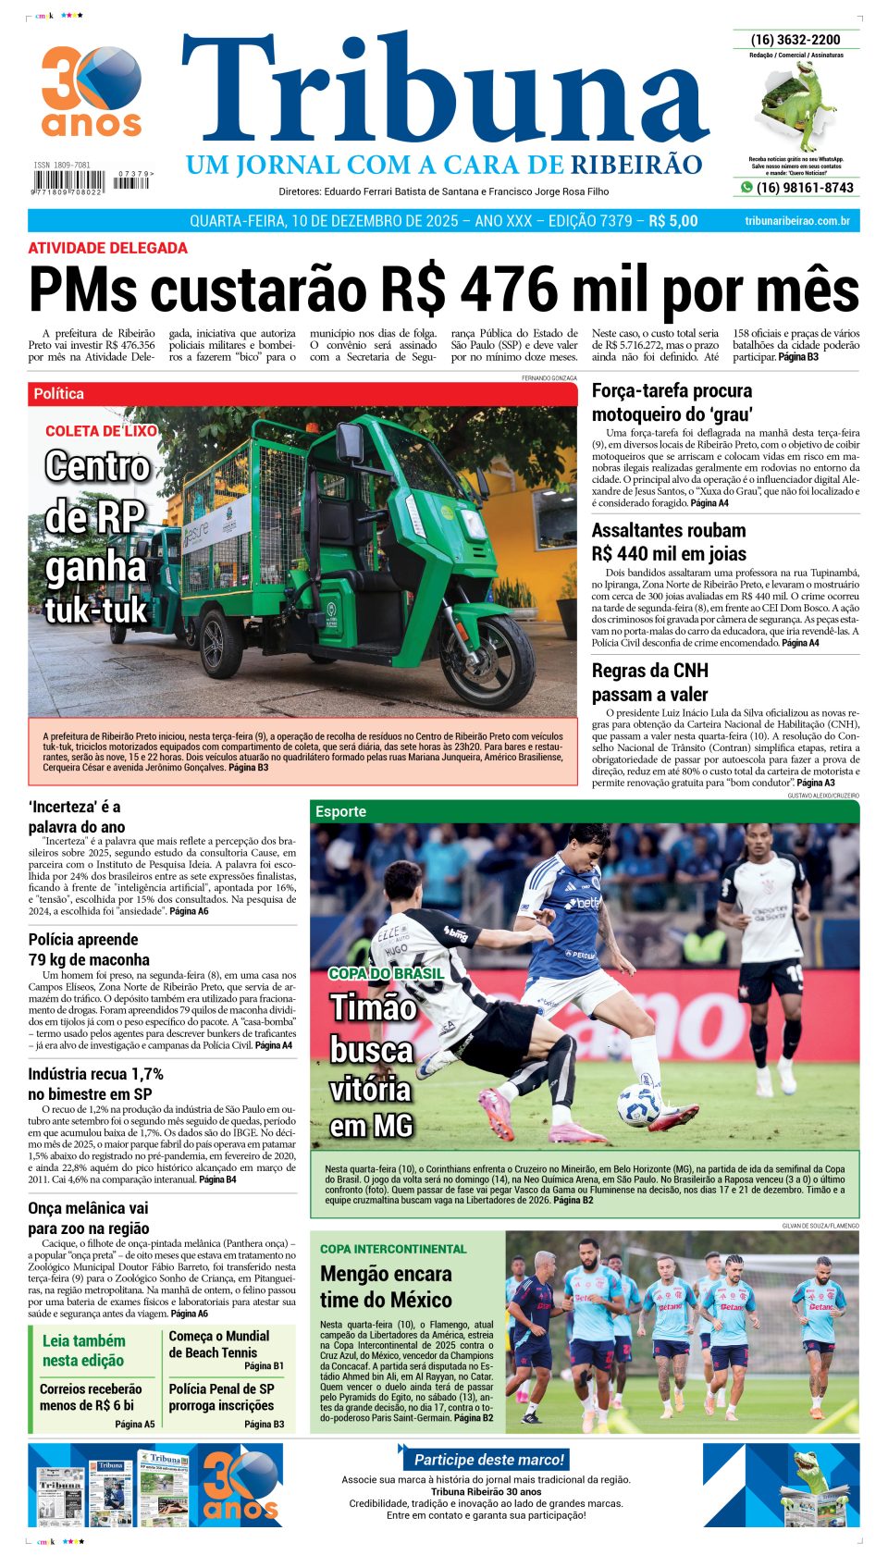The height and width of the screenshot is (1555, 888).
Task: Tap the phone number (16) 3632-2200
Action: tap(795, 40)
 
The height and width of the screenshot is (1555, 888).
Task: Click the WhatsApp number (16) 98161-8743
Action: tap(804, 188)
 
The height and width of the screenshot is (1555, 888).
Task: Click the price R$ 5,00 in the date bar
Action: tap(672, 221)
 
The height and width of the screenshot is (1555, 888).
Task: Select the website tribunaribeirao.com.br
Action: tap(796, 221)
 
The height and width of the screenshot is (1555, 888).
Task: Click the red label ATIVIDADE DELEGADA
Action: tap(107, 248)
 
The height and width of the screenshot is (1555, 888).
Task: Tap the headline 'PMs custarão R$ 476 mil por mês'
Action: tap(444, 290)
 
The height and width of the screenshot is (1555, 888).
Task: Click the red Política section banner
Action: tap(302, 394)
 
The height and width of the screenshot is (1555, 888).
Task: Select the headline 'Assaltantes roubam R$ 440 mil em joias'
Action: tap(669, 542)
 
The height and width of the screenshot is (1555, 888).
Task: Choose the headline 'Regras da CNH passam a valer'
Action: tap(650, 682)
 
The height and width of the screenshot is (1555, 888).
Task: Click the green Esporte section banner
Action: tap(584, 811)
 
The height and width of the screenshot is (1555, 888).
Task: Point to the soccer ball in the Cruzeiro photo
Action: tap(638, 1105)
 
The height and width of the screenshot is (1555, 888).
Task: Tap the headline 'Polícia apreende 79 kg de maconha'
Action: tap(89, 949)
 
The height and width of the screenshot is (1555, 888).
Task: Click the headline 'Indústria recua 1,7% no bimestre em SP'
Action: tap(95, 1083)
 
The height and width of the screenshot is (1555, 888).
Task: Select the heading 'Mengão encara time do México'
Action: tap(386, 1286)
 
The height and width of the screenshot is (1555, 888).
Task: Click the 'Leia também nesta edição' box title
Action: tap(84, 1350)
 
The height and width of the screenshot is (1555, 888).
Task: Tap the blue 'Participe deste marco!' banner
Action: tap(488, 1460)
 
